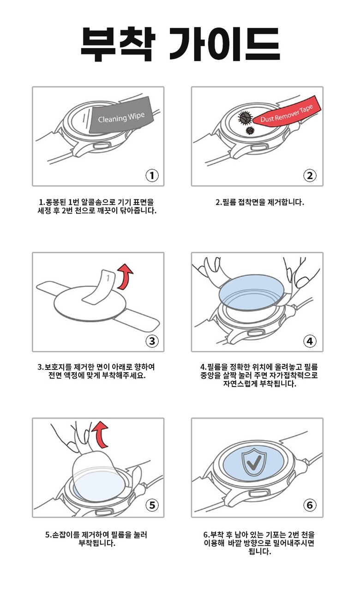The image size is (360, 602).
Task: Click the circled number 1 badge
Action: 152,175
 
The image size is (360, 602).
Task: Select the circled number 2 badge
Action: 310,175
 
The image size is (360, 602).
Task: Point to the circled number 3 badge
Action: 152,341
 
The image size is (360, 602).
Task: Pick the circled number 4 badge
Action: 310,341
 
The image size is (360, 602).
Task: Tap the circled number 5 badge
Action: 152,505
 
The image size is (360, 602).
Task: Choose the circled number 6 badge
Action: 310,505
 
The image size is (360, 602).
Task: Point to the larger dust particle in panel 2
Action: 245,117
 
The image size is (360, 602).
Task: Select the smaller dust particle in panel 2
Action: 250,131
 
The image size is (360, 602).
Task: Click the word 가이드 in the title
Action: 225,44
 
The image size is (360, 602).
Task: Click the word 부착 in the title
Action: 118,44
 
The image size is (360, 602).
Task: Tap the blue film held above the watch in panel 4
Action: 252,292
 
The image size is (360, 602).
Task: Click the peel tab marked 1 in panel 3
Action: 99,287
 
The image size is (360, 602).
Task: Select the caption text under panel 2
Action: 259,203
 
